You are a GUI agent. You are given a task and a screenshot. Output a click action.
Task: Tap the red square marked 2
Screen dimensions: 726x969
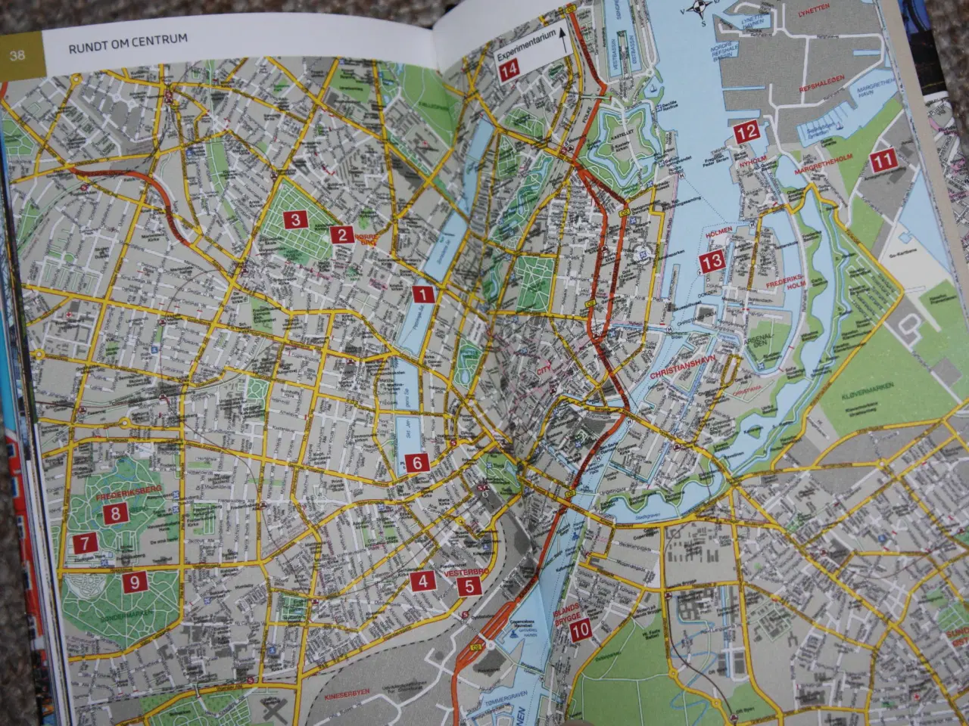tap(342, 234)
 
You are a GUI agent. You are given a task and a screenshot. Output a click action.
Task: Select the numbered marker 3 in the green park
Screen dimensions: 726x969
tap(294, 220)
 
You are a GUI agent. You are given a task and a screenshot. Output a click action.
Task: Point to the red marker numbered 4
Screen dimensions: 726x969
tap(422, 582)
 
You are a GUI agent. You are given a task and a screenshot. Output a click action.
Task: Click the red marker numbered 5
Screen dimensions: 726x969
tap(469, 585)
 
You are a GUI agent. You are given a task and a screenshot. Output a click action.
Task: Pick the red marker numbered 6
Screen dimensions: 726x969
tap(416, 463)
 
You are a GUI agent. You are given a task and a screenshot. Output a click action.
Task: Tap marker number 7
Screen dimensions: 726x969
tap(85, 543)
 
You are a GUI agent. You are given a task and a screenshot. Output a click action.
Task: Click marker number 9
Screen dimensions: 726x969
tap(134, 583)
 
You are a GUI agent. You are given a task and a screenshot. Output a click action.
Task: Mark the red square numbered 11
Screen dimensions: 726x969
tap(882, 161)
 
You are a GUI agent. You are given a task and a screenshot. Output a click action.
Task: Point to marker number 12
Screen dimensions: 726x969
tap(746, 132)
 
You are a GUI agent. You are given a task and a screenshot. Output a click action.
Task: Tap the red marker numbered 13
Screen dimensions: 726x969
tap(712, 262)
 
